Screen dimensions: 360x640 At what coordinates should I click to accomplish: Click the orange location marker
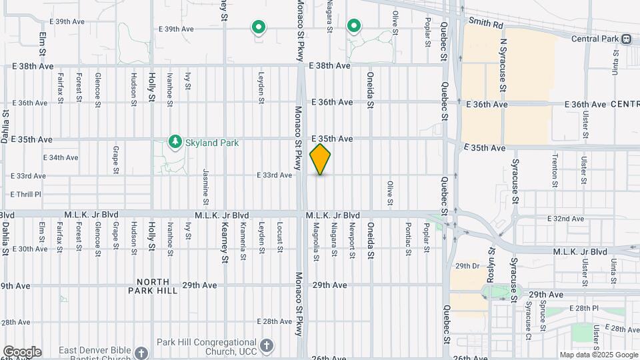coord(320,159)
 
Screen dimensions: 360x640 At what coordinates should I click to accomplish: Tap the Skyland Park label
coord(213,143)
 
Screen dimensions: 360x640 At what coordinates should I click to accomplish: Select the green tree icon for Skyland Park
coord(175,141)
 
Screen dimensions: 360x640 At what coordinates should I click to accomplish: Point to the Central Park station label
coord(595,39)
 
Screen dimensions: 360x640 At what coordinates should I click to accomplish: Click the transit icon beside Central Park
coord(627,39)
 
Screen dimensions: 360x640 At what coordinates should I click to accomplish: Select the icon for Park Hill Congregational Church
coord(266,345)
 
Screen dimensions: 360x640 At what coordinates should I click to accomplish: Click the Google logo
coord(21,352)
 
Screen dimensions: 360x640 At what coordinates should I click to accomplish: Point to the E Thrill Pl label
coord(26,194)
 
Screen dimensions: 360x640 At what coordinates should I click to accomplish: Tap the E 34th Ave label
coord(61,158)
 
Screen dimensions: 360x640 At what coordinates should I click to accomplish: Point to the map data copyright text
coord(598,355)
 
